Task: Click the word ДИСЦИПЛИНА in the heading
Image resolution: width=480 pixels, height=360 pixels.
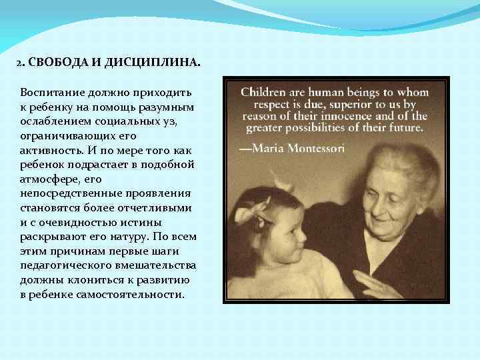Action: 151,63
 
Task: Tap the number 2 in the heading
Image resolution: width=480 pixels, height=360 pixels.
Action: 19,63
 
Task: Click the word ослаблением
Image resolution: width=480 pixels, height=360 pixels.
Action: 54,122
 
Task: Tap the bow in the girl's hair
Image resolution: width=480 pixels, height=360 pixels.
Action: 255,212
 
